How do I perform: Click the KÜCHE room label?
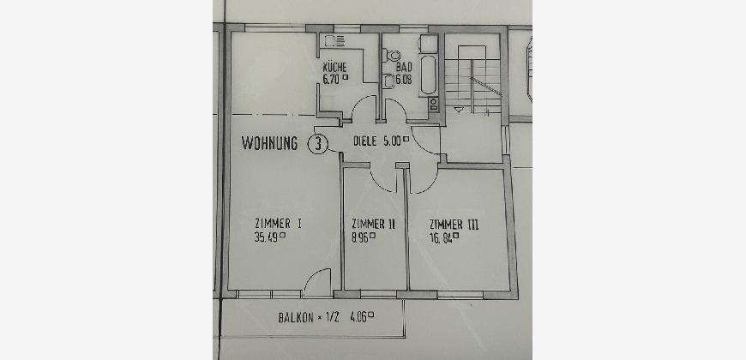(x=334, y=67)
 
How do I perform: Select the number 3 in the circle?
(x=318, y=144)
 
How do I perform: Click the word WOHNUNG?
(x=270, y=143)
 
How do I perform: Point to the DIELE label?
(x=365, y=141)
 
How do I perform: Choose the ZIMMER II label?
(x=373, y=224)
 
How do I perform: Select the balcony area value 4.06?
(x=358, y=316)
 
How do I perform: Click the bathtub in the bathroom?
(x=428, y=75)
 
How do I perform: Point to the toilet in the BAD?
(x=393, y=56)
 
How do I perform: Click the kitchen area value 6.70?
(x=331, y=80)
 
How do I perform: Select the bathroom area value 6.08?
(x=404, y=80)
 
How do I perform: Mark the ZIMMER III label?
(x=454, y=225)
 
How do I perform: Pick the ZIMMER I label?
(x=278, y=224)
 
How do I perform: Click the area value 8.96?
(x=361, y=237)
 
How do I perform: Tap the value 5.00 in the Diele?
(x=392, y=141)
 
